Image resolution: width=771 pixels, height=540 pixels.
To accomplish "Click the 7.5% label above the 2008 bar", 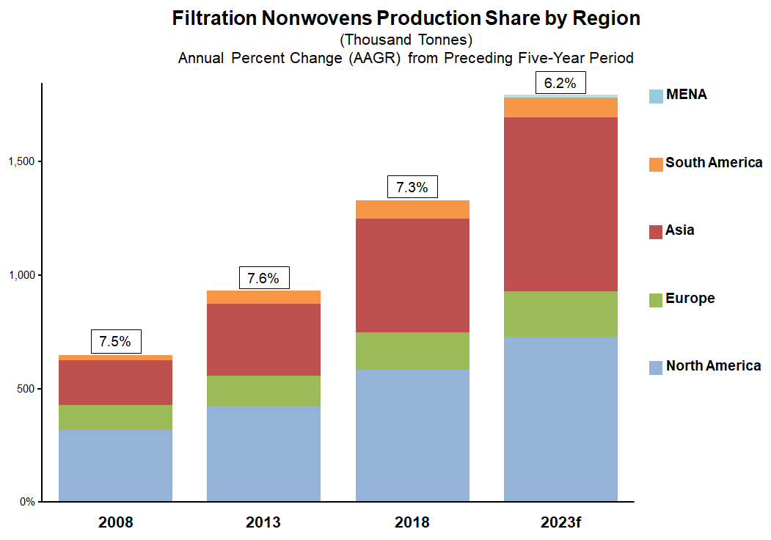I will click(115, 341).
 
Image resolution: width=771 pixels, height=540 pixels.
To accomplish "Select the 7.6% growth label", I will click(264, 279).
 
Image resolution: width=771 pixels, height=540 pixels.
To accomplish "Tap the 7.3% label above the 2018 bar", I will click(412, 187).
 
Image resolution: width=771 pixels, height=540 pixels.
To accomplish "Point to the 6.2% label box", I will click(560, 84).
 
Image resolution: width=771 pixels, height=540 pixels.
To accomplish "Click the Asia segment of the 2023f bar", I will click(560, 204).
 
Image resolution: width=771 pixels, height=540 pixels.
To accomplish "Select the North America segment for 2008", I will click(115, 465).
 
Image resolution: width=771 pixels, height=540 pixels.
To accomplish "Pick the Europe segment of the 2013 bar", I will click(264, 390).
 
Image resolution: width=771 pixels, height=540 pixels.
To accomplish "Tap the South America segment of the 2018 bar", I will click(412, 209).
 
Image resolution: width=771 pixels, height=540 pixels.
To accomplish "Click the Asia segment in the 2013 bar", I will click(264, 339).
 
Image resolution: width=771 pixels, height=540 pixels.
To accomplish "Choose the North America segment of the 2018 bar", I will click(412, 435).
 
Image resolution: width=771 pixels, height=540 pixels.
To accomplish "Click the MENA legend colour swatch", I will click(656, 96).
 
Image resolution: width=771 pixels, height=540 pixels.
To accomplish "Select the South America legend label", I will click(714, 163).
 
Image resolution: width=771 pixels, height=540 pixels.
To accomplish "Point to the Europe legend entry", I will click(690, 299).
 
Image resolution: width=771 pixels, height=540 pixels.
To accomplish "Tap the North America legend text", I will click(713, 366).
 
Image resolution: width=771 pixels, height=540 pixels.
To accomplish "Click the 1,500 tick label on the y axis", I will click(21, 162).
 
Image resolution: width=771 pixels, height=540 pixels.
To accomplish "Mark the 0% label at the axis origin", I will click(26, 503).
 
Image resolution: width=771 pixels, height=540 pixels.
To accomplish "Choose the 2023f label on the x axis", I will click(560, 523).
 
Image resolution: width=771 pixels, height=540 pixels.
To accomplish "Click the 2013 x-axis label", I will click(264, 523).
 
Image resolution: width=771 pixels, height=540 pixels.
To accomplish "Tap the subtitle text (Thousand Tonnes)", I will click(406, 40).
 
